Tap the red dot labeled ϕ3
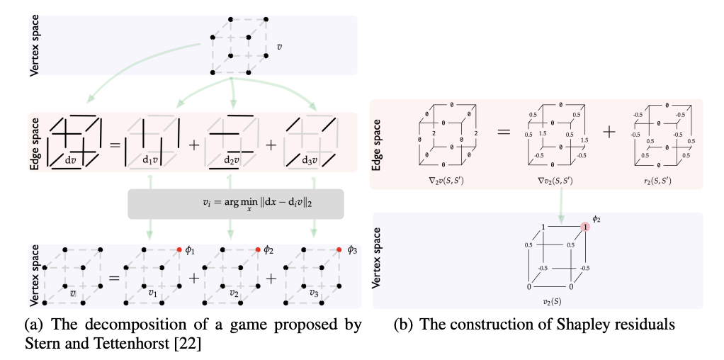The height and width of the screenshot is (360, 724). (339, 249)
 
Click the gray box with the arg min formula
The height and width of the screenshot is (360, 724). (235, 204)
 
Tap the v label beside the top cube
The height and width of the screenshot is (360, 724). (279, 47)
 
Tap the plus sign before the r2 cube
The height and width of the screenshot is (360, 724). (609, 133)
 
